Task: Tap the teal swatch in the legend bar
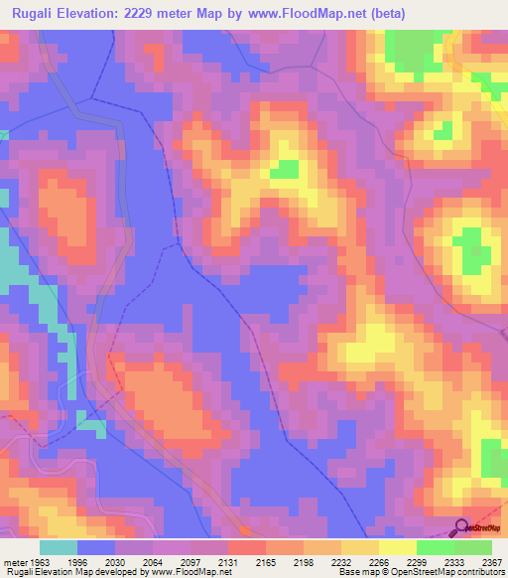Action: (59, 547)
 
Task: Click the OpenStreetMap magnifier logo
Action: (461, 527)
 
